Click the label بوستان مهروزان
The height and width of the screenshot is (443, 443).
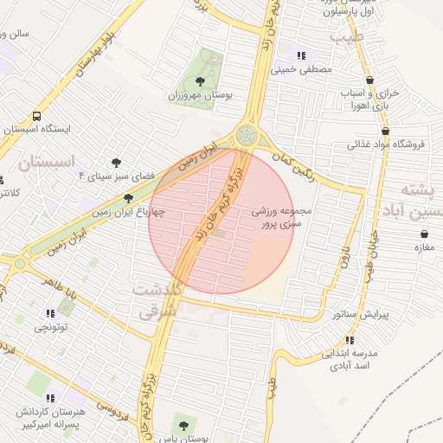(x=201, y=94)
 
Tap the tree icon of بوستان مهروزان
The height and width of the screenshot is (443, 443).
(x=201, y=80)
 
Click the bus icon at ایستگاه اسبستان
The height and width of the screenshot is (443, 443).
(x=36, y=116)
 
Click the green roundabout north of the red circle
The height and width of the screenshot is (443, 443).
(x=247, y=135)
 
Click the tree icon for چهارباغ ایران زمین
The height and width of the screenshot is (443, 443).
(x=128, y=198)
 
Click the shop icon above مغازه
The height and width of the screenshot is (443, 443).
(x=423, y=234)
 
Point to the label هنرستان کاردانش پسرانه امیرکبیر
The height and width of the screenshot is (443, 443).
(x=49, y=420)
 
